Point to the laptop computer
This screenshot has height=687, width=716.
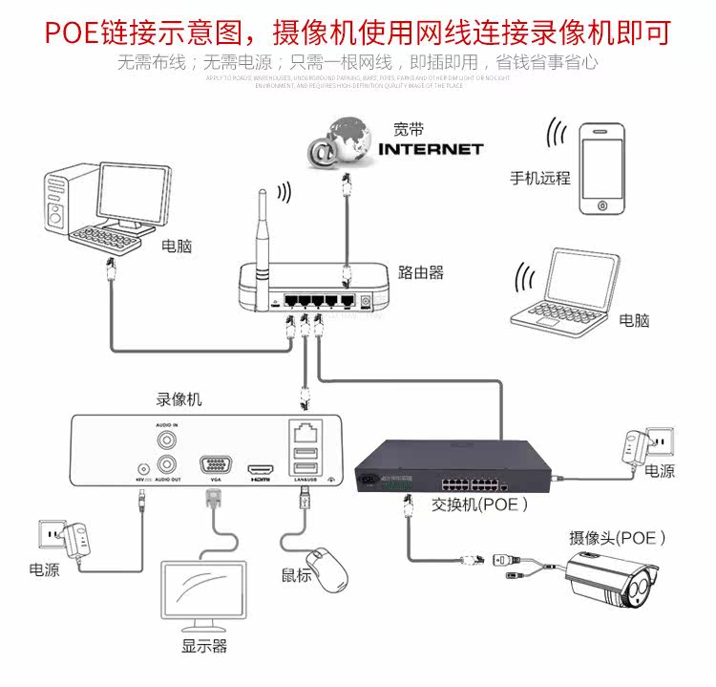[x=563, y=291]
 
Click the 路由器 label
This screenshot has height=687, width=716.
[x=421, y=273]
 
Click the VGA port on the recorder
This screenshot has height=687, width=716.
[x=214, y=465]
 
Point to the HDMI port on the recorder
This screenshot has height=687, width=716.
[x=261, y=470]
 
